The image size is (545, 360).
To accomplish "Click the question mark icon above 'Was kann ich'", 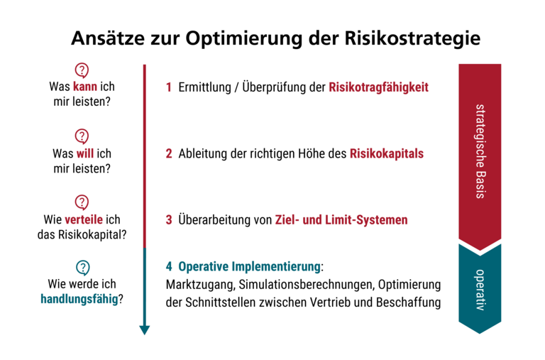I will tap(82, 70).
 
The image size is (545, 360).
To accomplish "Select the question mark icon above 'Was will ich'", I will tap(82, 136).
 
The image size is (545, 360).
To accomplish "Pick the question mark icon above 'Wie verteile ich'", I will tap(82, 202).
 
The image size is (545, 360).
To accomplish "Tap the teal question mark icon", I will tap(82, 268).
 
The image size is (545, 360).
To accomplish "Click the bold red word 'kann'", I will tap(84, 87).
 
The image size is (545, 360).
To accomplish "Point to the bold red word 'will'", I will tap(85, 153).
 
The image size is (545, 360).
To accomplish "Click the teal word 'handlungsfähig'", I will tap(79, 299).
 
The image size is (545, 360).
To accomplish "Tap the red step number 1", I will tap(169, 87).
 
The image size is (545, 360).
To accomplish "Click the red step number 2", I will tap(169, 153).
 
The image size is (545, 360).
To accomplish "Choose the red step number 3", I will tap(169, 219).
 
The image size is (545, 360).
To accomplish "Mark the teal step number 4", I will tap(169, 267).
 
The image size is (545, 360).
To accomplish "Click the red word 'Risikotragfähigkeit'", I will tap(379, 87).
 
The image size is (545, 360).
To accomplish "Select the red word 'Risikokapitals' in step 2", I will tap(386, 153).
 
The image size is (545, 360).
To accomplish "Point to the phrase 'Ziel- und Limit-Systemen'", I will tap(341, 219).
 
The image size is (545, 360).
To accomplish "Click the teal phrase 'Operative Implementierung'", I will tap(249, 267).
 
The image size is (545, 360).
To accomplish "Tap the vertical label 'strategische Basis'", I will tap(480, 151).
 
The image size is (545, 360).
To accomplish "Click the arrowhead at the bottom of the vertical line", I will tap(145, 329).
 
